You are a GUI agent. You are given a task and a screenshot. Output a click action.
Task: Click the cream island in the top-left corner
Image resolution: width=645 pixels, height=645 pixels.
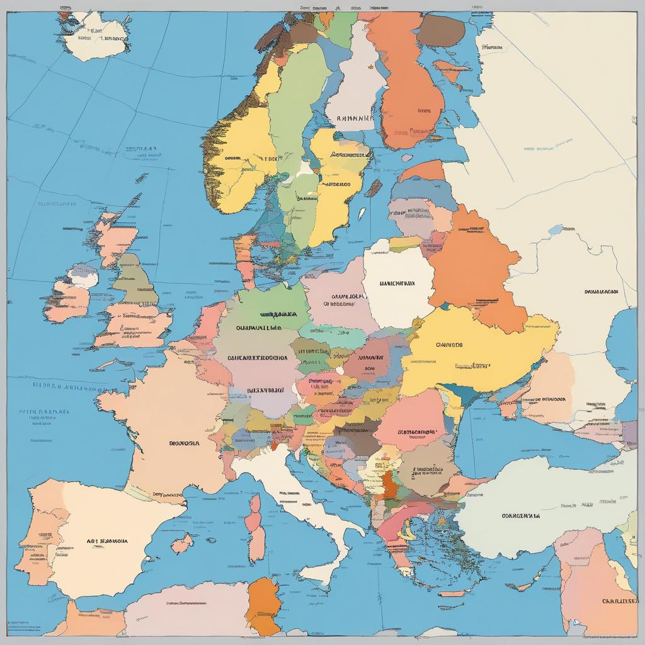101,35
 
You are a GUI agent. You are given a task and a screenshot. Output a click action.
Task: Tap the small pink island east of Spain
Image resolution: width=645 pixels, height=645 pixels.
182,543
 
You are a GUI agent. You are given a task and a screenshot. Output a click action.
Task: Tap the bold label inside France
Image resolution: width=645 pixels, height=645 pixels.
184,443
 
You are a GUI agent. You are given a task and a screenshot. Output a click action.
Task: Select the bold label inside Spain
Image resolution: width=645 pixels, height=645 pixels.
108,540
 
